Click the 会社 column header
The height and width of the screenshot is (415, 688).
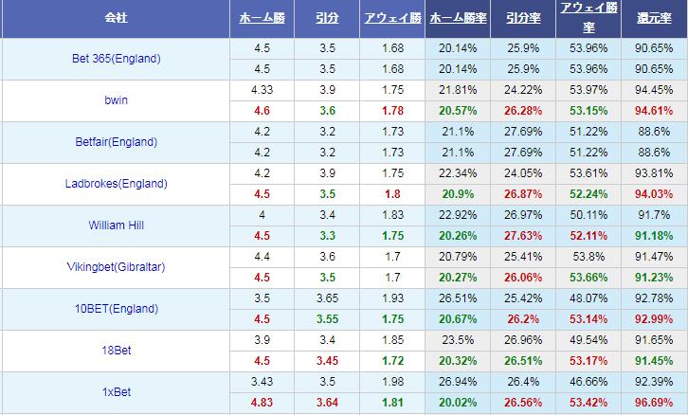click(x=116, y=19)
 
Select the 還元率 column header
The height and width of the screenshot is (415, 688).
click(x=654, y=19)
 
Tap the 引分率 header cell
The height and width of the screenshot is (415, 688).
click(x=523, y=19)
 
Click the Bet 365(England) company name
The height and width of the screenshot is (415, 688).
click(x=116, y=59)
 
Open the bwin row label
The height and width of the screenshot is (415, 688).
click(x=116, y=100)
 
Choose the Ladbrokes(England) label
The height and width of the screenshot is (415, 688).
click(x=116, y=184)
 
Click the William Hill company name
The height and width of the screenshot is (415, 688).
click(x=116, y=226)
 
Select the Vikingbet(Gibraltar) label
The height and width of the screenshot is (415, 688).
click(x=116, y=267)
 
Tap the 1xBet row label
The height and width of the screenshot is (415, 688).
click(x=116, y=392)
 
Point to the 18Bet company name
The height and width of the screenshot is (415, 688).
click(x=116, y=351)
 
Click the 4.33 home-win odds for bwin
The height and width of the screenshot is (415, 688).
click(x=263, y=90)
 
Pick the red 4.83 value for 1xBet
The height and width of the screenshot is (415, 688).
click(x=263, y=403)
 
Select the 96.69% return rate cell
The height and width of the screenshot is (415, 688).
click(x=654, y=403)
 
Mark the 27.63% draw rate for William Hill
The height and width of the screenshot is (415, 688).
click(x=523, y=236)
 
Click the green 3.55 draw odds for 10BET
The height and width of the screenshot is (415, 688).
click(x=328, y=319)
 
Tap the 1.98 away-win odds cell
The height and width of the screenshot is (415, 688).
click(x=393, y=382)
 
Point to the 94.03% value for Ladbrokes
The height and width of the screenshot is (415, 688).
click(x=654, y=194)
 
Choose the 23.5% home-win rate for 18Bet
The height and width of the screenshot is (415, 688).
click(x=458, y=340)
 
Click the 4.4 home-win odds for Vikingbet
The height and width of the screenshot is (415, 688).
click(x=263, y=257)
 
